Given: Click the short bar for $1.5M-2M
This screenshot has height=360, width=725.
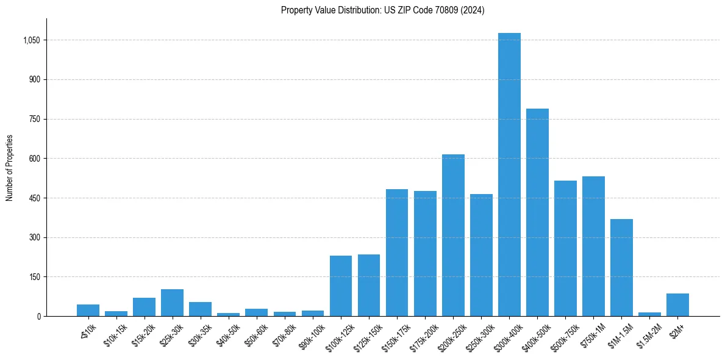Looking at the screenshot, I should coord(649,314).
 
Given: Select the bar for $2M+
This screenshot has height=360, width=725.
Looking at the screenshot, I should coord(677,305).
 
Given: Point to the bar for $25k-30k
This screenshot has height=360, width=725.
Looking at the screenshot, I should coord(172,303).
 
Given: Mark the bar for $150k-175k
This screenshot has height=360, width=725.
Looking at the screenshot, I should coord(397,253).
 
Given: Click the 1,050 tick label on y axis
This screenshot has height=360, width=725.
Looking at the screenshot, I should coord(32,40).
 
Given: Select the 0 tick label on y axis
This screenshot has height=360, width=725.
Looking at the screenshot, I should coord(38,316).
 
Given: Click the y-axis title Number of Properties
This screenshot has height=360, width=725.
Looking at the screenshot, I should coord(10,168).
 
